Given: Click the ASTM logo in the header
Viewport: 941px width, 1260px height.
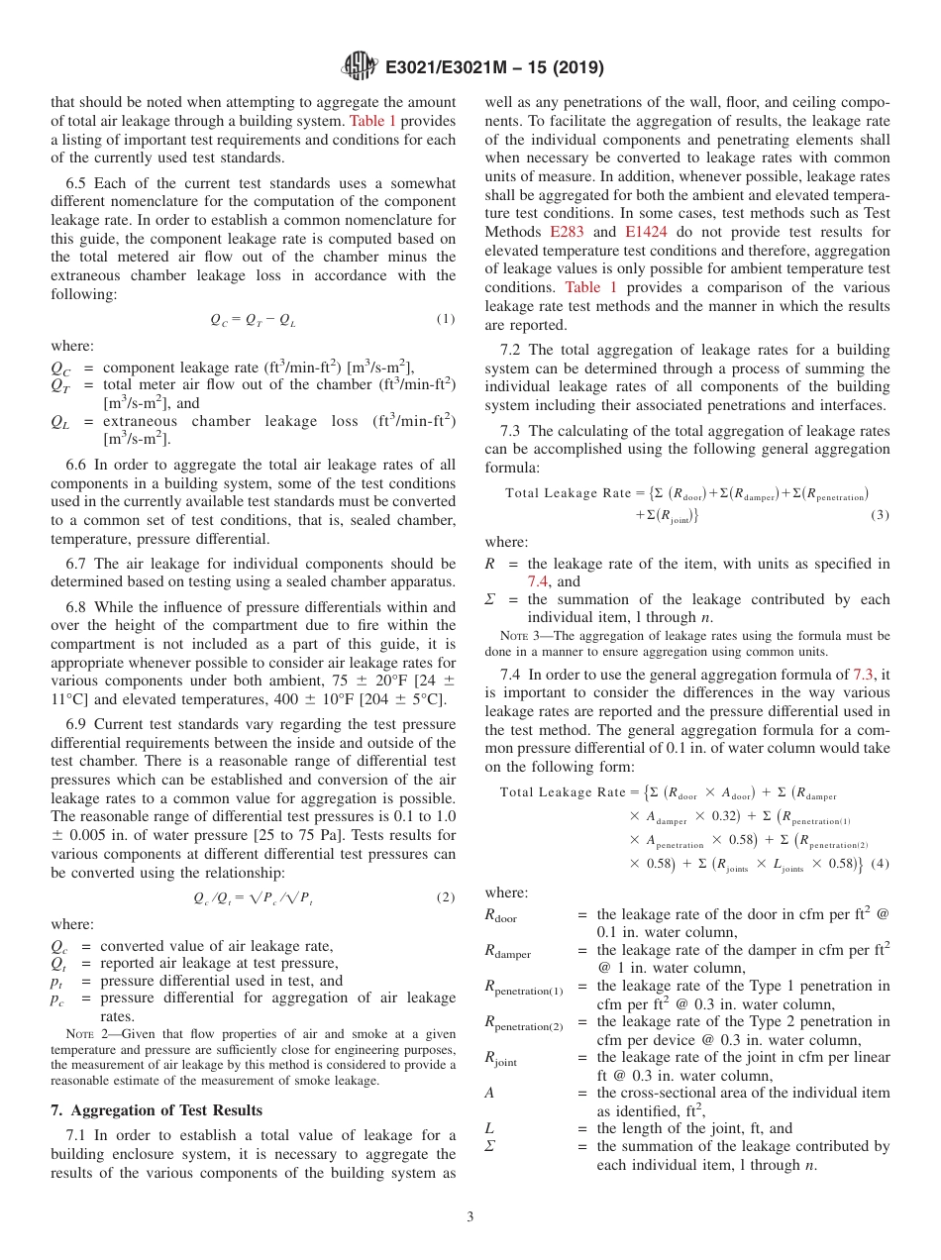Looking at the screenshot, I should (359, 66).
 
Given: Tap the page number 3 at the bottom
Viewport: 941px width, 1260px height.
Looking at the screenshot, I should (470, 1216).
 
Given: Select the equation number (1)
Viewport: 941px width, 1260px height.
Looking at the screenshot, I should (445, 319).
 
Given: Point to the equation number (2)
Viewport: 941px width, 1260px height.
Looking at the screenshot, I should (445, 897).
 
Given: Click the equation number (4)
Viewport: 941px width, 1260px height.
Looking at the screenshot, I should (880, 863).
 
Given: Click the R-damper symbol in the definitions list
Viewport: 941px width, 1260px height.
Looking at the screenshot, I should (507, 953).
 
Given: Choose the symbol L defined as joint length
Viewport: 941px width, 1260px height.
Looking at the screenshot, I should (488, 1128).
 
